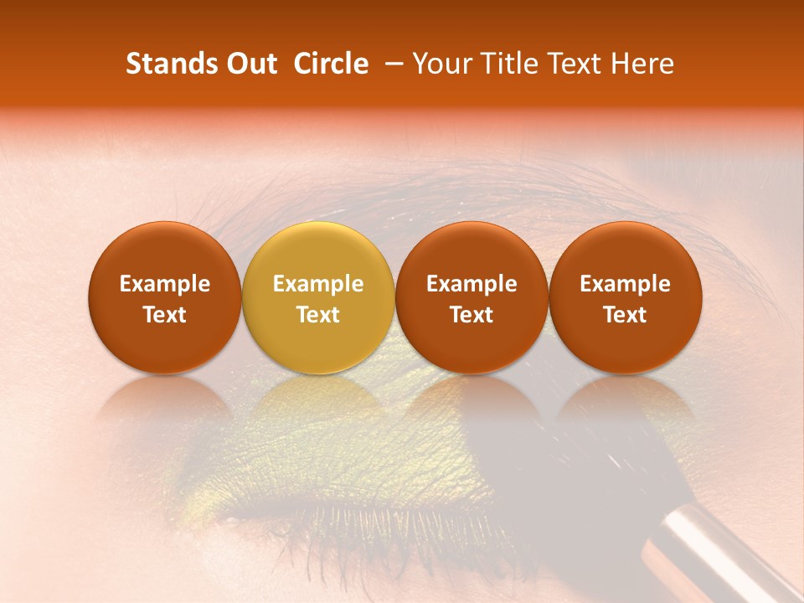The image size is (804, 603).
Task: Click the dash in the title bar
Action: pyautogui.click(x=390, y=64)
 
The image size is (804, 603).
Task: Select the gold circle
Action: pyautogui.click(x=318, y=297)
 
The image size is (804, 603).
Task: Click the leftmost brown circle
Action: pyautogui.click(x=165, y=297)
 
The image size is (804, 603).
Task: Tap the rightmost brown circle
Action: pyautogui.click(x=626, y=297)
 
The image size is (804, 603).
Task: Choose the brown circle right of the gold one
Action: pyautogui.click(x=472, y=297)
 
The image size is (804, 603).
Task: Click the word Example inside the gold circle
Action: pyautogui.click(x=318, y=284)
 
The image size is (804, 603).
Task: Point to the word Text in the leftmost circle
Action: pyautogui.click(x=165, y=315)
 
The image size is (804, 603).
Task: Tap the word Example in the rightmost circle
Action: pyautogui.click(x=626, y=284)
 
